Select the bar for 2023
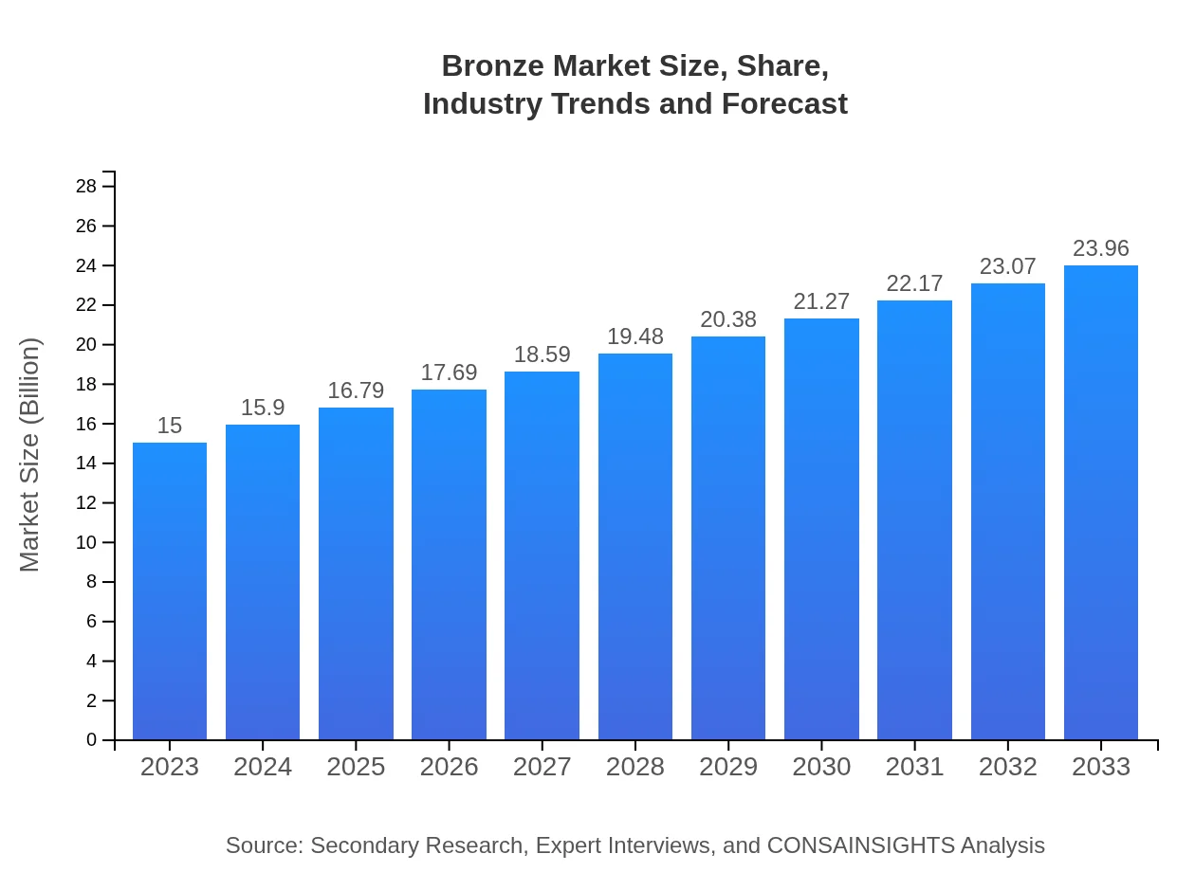(x=170, y=591)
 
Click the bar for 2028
(x=635, y=547)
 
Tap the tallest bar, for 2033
(x=1101, y=502)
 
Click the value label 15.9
(x=263, y=408)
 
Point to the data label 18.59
(x=542, y=354)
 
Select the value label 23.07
(x=1008, y=266)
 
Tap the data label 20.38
(x=728, y=319)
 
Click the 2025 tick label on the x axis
(x=356, y=767)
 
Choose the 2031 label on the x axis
(x=914, y=767)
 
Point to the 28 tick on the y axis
(x=86, y=187)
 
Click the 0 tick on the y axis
(x=92, y=740)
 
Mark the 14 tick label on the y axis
(x=86, y=463)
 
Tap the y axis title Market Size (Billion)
(x=30, y=455)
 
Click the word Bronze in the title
(x=493, y=66)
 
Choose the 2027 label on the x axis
(x=542, y=767)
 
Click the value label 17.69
(x=449, y=372)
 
